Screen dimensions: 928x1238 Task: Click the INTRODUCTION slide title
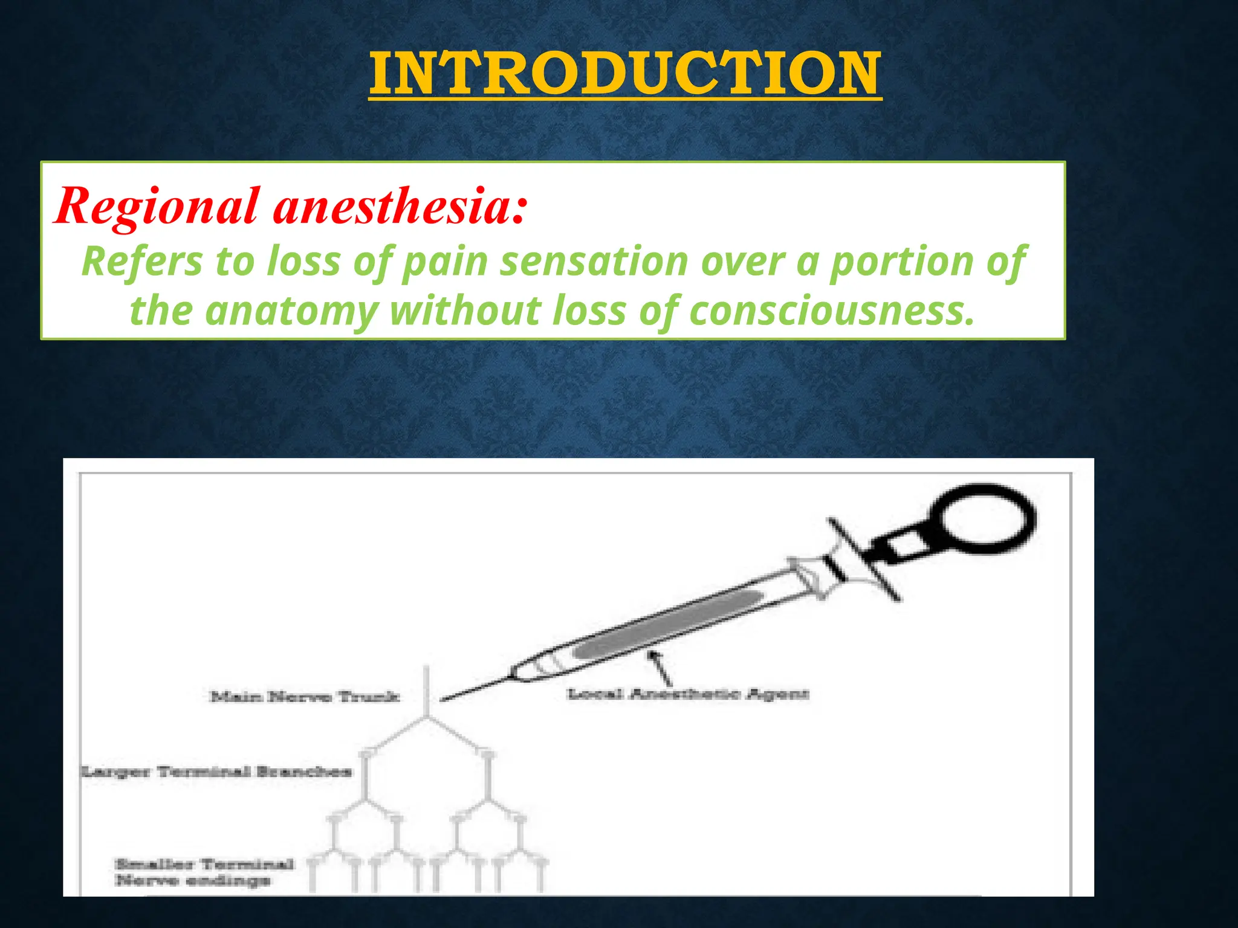[x=625, y=74]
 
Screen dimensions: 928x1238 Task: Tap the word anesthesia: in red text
[x=400, y=207]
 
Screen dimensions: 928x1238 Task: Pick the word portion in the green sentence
[x=901, y=262]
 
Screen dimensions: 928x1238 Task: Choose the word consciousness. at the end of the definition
[x=832, y=311]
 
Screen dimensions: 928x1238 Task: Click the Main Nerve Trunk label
[x=305, y=697]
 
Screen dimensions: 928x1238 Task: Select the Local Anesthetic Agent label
[x=687, y=694]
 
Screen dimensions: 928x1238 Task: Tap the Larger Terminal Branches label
[x=216, y=772]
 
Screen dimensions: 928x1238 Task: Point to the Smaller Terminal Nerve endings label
[x=204, y=872]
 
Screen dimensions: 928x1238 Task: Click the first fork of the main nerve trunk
[x=428, y=717]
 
